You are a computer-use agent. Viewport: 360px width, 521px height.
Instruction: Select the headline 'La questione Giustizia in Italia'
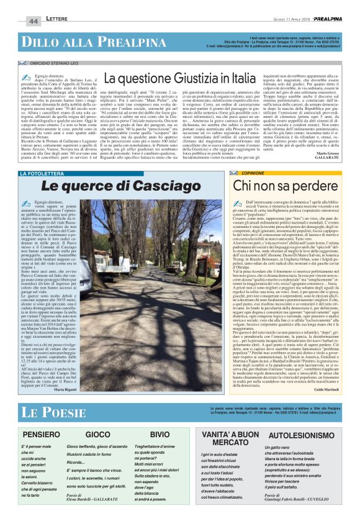179,79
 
